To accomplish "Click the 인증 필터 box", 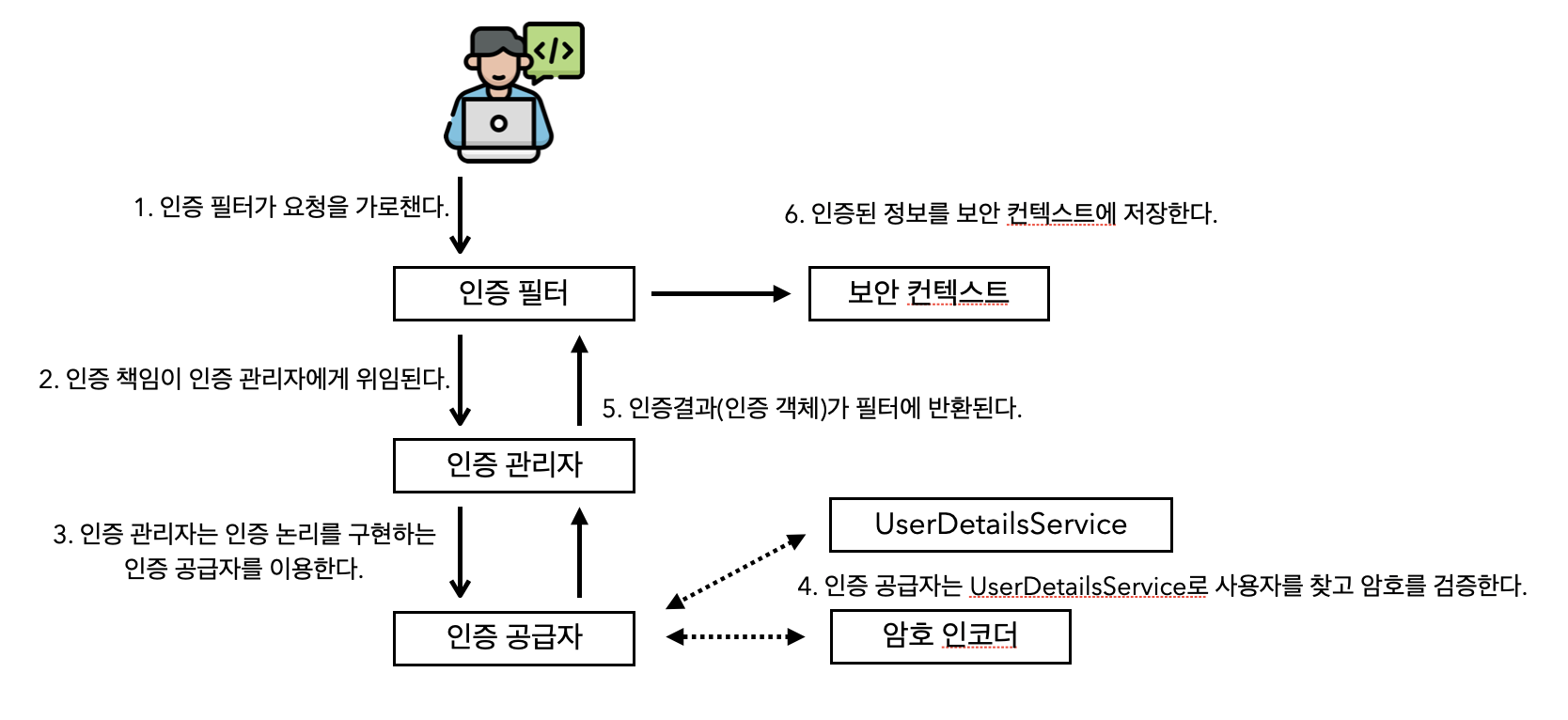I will [513, 293].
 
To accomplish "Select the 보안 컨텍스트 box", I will [928, 293].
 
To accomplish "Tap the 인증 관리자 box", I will [513, 465].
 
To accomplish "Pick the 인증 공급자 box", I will [513, 638].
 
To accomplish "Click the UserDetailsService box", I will [1000, 524].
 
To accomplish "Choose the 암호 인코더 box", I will [949, 636].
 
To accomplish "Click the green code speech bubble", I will [555, 51].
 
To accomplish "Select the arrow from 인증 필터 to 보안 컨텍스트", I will [720, 293].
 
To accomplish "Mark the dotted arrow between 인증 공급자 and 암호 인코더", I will [735, 636].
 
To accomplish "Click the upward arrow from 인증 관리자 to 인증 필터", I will [579, 381].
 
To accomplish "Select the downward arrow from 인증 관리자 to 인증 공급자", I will [460, 552].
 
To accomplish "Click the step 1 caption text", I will [291, 207].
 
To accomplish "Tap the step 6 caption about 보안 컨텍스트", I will [1000, 214].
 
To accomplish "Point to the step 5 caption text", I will [811, 408].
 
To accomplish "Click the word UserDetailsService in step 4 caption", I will [1077, 587].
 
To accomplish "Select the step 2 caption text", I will [244, 379].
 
